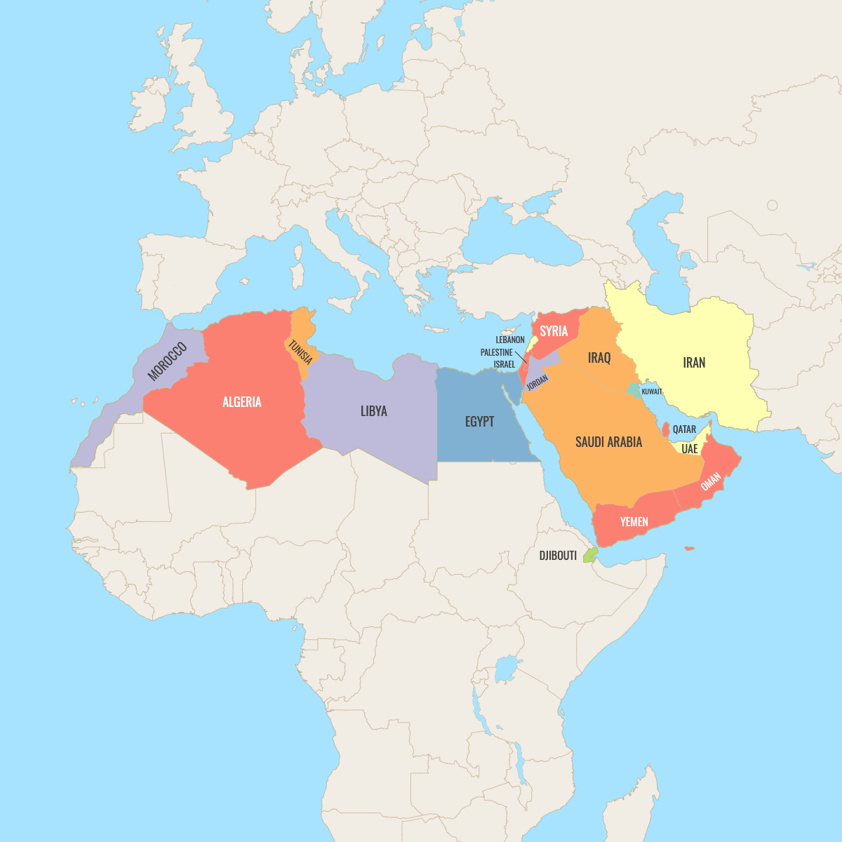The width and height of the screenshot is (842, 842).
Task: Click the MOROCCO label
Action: (168, 361)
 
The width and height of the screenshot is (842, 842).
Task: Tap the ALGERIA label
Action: (242, 402)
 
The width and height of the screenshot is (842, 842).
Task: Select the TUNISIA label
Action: (300, 352)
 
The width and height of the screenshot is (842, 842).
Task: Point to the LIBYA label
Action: (373, 411)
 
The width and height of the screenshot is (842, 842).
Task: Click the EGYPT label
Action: (480, 422)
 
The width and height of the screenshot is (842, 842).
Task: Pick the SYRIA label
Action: (554, 331)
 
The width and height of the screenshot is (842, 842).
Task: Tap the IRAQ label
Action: (599, 358)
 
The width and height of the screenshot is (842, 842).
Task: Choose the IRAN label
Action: (694, 363)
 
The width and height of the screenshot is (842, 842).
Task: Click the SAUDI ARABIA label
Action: (608, 442)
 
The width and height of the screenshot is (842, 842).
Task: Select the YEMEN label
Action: (634, 522)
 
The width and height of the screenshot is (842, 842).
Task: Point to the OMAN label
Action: (711, 481)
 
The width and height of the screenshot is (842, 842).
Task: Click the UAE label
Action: (690, 448)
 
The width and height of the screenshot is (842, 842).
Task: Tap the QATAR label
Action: (684, 429)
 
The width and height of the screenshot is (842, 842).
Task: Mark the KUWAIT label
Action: (652, 392)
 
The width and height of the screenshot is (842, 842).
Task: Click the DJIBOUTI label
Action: (558, 556)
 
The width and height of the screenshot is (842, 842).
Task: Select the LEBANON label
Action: (510, 340)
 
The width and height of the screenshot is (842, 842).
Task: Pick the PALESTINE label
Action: (497, 352)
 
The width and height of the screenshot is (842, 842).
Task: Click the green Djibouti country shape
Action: (590, 555)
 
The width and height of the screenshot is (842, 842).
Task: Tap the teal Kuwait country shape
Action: (634, 390)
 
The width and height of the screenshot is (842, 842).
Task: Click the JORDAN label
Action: (537, 382)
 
